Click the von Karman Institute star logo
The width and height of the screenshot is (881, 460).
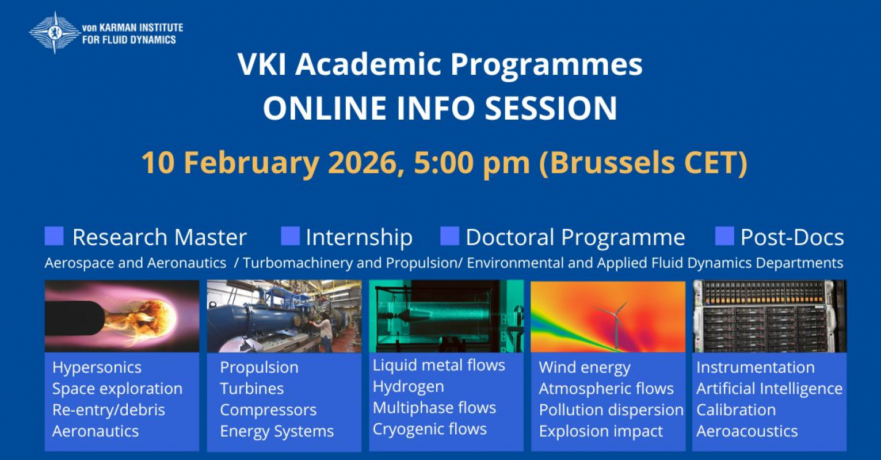click(55, 33)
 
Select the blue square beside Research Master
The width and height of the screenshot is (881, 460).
click(54, 236)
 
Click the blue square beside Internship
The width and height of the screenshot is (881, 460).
click(290, 236)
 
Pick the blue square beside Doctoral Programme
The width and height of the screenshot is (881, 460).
click(449, 236)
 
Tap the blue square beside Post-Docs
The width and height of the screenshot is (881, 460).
click(724, 236)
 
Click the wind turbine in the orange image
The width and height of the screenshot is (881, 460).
click(615, 322)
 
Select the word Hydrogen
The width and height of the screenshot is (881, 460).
click(408, 386)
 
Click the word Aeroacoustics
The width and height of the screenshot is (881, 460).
click(747, 431)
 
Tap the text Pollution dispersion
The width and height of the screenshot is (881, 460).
click(611, 410)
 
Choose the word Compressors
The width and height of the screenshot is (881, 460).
click(268, 410)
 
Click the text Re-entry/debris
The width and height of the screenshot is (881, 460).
click(109, 410)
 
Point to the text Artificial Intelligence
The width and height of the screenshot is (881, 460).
click(769, 389)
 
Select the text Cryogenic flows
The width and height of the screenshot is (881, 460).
click(429, 429)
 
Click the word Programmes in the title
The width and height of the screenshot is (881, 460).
click(546, 64)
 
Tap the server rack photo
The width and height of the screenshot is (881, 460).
click(769, 316)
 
